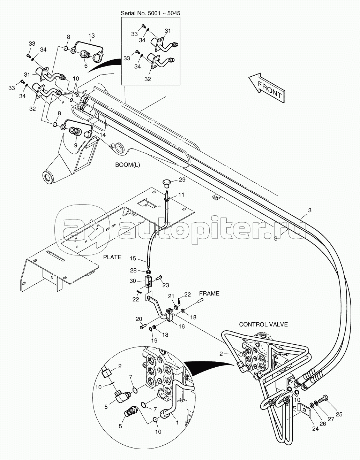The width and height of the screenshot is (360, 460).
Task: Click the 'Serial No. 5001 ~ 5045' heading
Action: [150, 13]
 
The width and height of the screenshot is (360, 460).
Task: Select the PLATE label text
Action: [112, 257]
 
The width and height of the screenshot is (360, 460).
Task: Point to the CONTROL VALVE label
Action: [263, 324]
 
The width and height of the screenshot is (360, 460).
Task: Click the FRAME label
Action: [209, 293]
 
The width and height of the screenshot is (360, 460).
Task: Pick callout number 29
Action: [182, 180]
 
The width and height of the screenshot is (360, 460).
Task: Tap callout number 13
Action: [91, 36]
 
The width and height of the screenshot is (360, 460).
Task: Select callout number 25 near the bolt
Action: [339, 414]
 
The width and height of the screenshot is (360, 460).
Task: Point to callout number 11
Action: [181, 195]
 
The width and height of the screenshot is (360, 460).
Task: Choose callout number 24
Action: [315, 429]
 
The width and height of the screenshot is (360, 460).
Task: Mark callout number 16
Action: [181, 327]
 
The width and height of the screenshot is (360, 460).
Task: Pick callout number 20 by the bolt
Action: [139, 319]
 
